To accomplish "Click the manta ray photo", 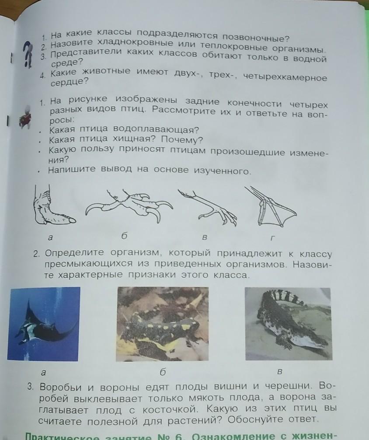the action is [x=43, y=324].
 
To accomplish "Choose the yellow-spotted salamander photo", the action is [x=163, y=324].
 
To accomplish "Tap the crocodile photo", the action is [x=288, y=324].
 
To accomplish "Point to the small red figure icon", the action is [x=25, y=117].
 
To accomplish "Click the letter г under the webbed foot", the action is [x=272, y=238].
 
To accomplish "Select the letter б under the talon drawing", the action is [x=124, y=236].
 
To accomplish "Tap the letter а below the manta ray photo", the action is [x=43, y=373].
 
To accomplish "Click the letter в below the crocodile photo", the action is [x=279, y=372].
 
